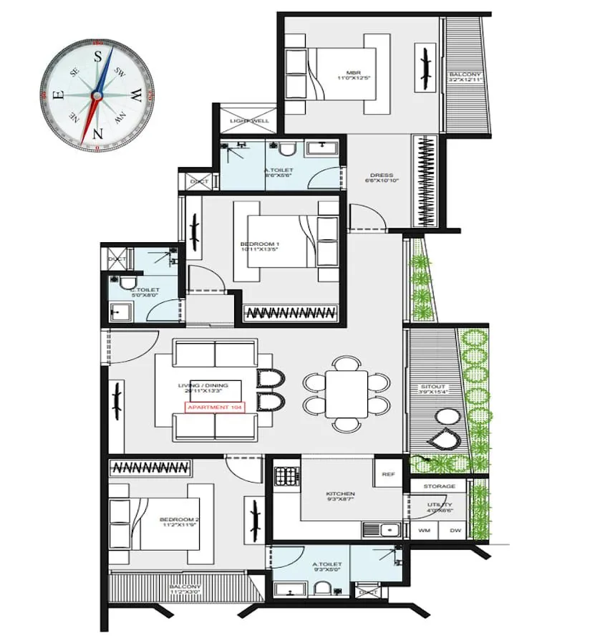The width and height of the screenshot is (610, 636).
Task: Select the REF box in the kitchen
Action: (388, 473)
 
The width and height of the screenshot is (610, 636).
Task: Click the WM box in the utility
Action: (423, 531)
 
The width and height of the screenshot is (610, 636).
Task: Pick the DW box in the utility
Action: (455, 531)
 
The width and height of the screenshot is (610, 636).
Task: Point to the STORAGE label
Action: (438, 486)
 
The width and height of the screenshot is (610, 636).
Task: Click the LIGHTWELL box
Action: (248, 120)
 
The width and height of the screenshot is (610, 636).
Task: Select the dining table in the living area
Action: (346, 393)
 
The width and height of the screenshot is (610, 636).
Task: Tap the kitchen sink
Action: (379, 531)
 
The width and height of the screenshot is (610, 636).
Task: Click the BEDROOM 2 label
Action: (180, 520)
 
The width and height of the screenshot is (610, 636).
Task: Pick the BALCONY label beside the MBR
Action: (465, 77)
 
